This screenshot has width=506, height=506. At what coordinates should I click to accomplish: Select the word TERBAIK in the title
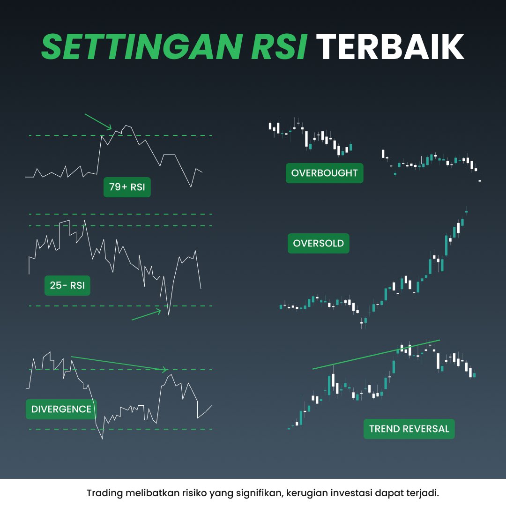(x=390, y=46)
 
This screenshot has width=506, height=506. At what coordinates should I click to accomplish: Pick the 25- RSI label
(x=67, y=285)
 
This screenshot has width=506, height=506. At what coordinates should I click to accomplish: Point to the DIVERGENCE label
(x=61, y=409)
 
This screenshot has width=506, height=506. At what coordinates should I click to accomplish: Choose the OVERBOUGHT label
(x=324, y=173)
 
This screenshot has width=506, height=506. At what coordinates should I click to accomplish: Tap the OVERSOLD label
(x=318, y=243)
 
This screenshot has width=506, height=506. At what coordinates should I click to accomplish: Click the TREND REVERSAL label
(x=409, y=429)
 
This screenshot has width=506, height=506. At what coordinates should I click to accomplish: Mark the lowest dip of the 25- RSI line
(x=168, y=314)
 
